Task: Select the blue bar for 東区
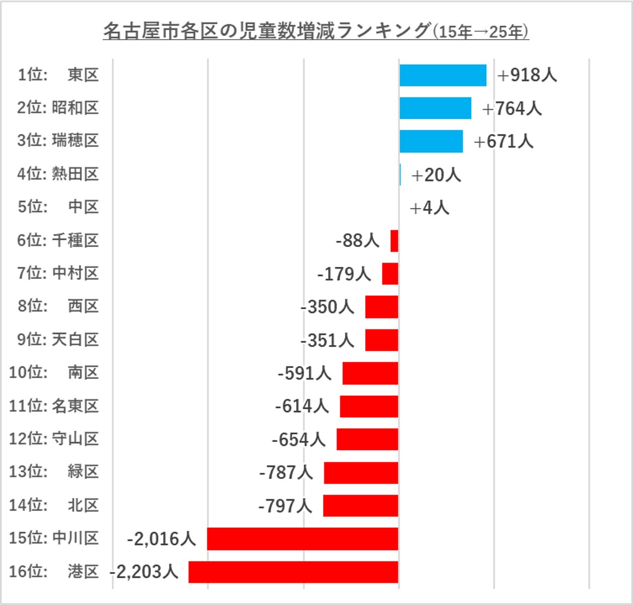pyautogui.click(x=443, y=75)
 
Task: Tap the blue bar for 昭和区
pyautogui.click(x=435, y=108)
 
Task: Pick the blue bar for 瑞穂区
pyautogui.click(x=431, y=141)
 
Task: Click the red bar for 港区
pyautogui.click(x=293, y=572)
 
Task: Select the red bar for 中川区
pyautogui.click(x=303, y=539)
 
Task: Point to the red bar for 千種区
pyautogui.click(x=395, y=241)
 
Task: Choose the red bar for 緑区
pyautogui.click(x=361, y=472)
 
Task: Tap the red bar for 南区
pyautogui.click(x=370, y=373)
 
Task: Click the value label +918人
pyautogui.click(x=527, y=75)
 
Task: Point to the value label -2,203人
pyautogui.click(x=144, y=572)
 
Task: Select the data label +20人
pyautogui.click(x=436, y=175)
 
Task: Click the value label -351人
pyautogui.click(x=327, y=340)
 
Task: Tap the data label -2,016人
pyautogui.click(x=161, y=539)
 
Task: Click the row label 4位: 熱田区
pyautogui.click(x=58, y=174)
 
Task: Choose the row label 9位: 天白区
pyautogui.click(x=58, y=340)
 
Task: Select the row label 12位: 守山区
pyautogui.click(x=54, y=439)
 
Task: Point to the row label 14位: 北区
pyautogui.click(x=54, y=505)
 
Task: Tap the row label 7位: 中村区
pyautogui.click(x=58, y=273)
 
